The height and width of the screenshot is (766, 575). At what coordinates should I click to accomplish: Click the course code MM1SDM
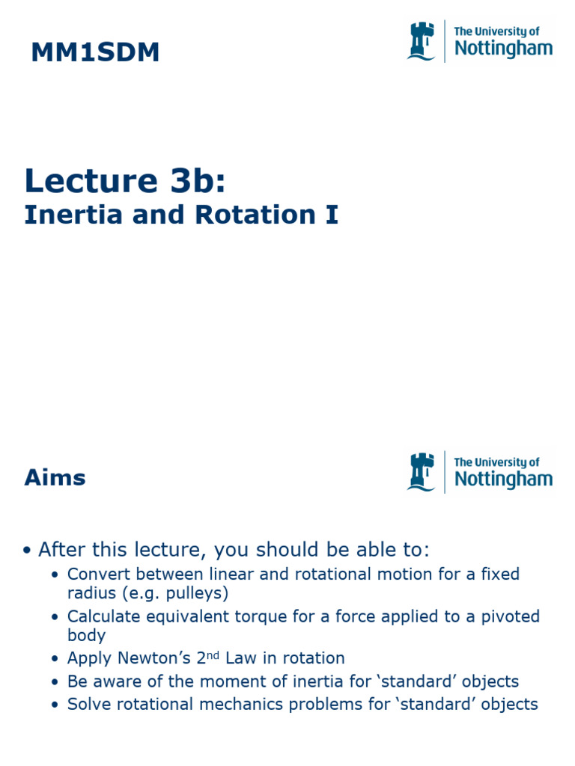tap(95, 53)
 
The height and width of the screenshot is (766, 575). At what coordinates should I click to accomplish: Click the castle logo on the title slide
tap(421, 41)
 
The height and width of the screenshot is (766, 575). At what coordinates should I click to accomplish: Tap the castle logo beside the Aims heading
tap(421, 471)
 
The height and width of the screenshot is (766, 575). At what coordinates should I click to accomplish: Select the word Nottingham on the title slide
tap(503, 49)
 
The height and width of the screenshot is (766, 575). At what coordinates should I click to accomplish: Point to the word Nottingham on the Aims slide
tap(503, 479)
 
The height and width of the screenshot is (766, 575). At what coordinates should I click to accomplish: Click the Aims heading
tap(55, 477)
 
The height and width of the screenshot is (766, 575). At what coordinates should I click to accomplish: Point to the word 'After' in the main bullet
tap(62, 551)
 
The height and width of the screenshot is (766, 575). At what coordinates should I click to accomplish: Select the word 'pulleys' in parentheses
tap(201, 594)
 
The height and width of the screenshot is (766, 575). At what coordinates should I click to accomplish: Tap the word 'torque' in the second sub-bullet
tap(280, 616)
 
